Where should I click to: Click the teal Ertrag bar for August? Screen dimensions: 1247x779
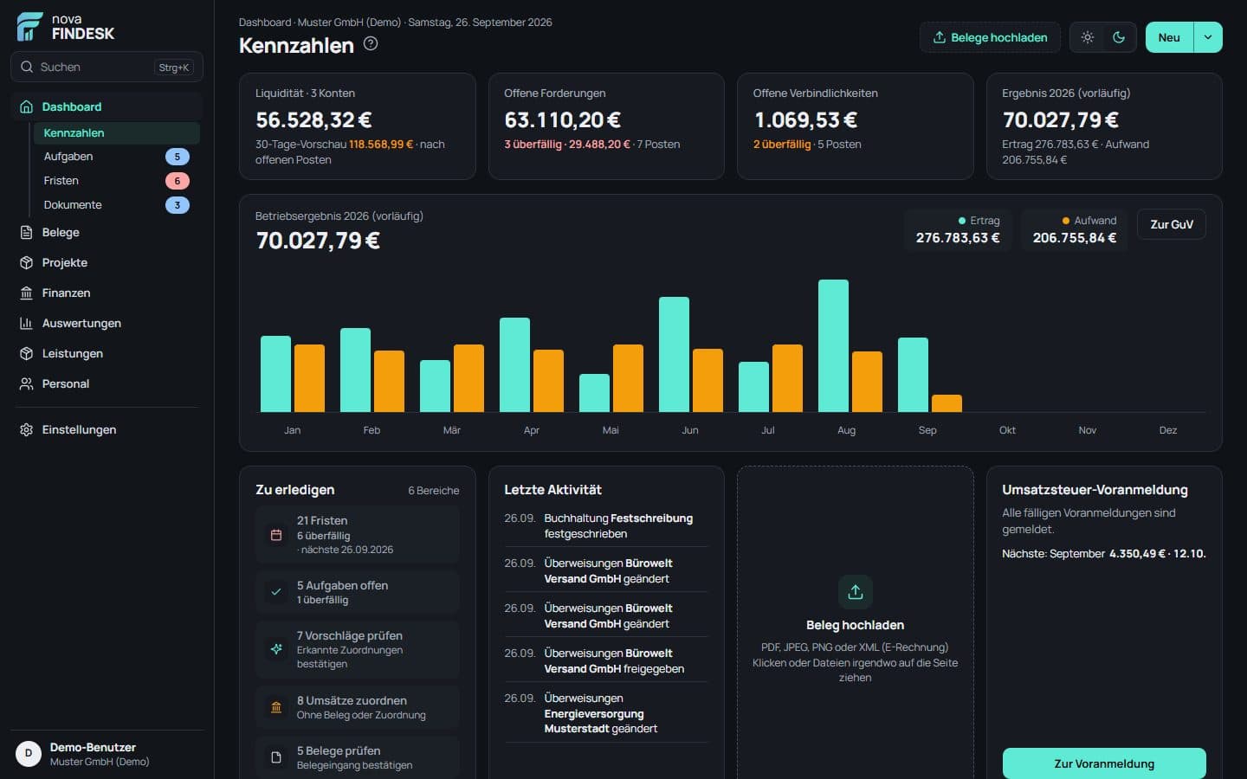click(833, 345)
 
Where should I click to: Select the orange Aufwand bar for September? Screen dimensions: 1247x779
click(947, 403)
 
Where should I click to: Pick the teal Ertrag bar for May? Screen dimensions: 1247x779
click(594, 393)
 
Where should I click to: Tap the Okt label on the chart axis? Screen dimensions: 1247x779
click(1007, 430)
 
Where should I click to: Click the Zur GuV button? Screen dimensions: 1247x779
click(1172, 224)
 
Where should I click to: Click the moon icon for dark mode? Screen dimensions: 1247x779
click(1119, 37)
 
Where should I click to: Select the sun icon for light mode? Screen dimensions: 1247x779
click(1088, 37)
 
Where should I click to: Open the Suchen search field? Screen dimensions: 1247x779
click(107, 67)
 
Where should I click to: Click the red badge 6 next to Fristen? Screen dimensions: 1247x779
click(177, 181)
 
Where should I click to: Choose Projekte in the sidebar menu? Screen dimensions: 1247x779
click(65, 262)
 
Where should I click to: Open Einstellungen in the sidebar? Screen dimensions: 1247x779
click(79, 429)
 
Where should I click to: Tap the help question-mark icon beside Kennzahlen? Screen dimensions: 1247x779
click(371, 43)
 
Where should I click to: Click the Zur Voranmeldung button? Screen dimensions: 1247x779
click(1104, 763)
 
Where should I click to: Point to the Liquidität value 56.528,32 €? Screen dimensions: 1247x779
click(313, 119)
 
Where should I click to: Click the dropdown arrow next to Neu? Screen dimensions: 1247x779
click(1207, 37)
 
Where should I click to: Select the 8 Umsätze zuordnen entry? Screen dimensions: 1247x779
click(358, 706)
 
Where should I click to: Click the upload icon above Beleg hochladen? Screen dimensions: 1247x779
click(855, 592)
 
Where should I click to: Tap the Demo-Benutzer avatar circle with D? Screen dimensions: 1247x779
click(29, 753)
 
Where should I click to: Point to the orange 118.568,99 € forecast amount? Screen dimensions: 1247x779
click(381, 144)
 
